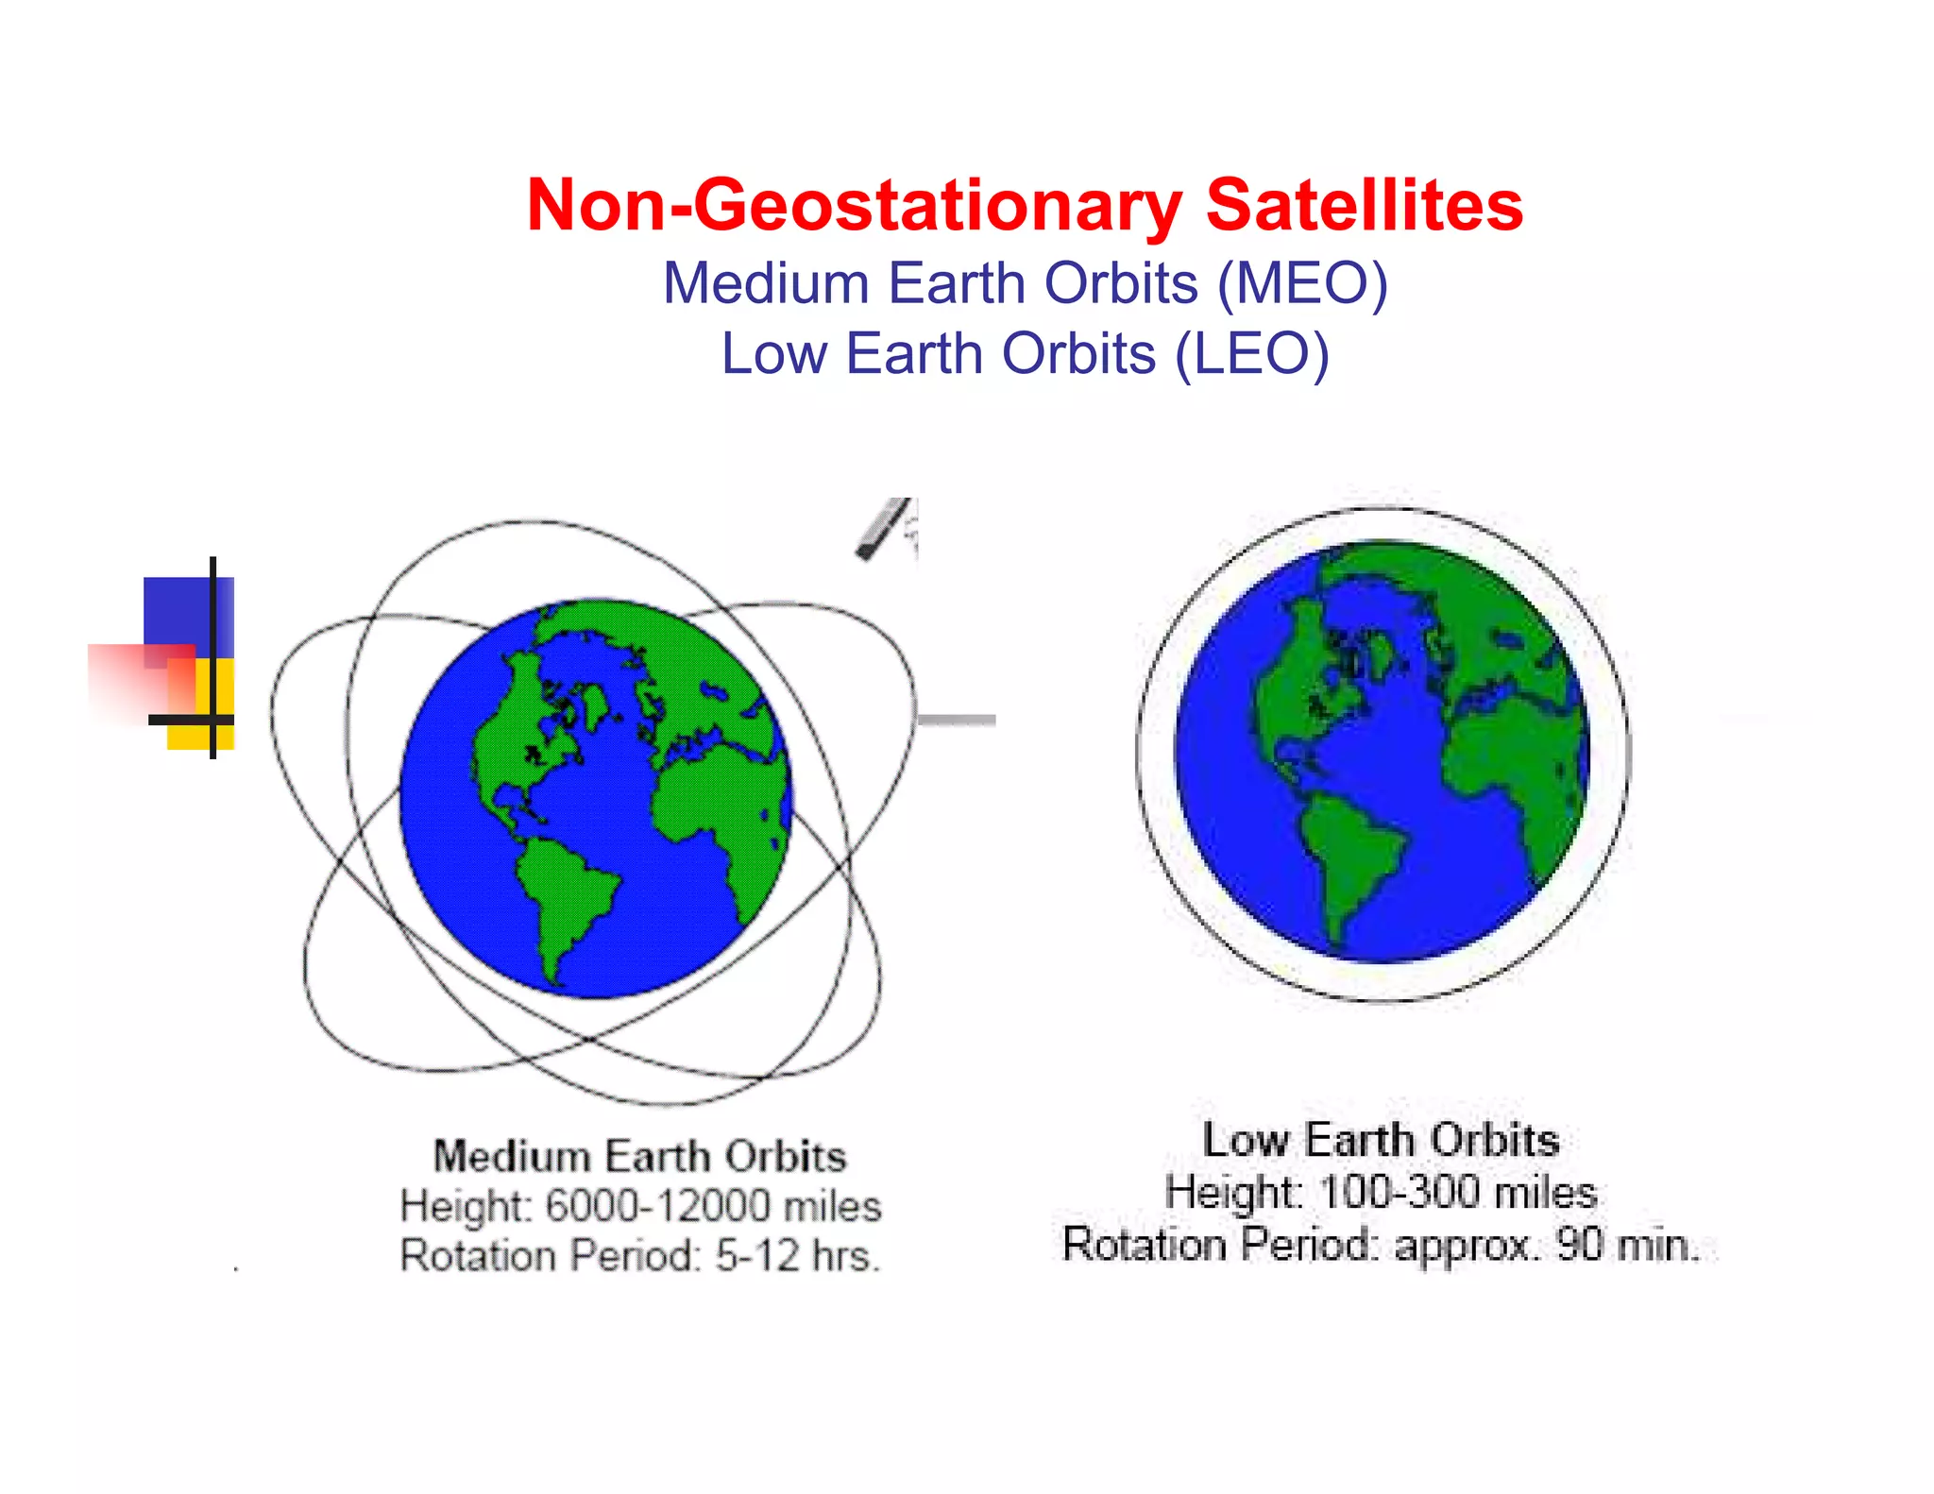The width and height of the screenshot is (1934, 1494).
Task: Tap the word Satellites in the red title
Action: tap(1365, 206)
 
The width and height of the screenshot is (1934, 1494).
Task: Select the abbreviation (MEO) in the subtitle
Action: tap(1302, 283)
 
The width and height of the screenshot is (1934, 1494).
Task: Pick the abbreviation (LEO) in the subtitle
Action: tap(1251, 354)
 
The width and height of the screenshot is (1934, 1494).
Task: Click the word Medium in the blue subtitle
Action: tap(766, 283)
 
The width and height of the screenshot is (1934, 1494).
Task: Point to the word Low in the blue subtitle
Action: tap(773, 354)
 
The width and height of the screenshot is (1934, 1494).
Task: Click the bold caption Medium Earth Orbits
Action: tap(639, 1156)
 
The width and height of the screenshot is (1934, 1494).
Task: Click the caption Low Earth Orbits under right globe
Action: tap(1381, 1140)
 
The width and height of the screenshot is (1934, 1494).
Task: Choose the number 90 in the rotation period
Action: tap(1580, 1245)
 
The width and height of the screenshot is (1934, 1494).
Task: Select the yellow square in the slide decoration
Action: tap(200, 732)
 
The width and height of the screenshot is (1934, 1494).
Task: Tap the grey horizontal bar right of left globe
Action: tap(957, 720)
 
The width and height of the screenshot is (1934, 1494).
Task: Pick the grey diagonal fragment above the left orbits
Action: tap(883, 529)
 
